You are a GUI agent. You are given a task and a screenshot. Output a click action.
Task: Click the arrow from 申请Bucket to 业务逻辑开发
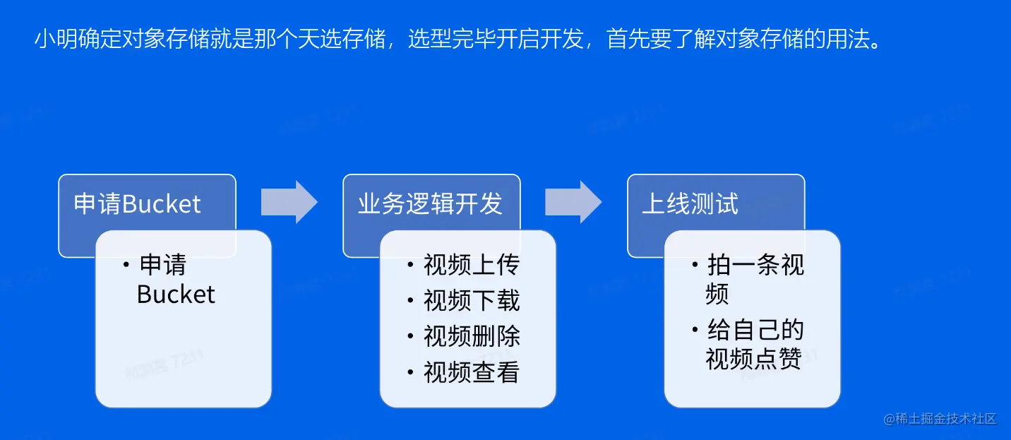click(289, 202)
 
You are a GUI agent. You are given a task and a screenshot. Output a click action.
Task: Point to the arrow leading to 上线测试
click(573, 202)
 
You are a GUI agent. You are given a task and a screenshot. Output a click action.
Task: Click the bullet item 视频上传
click(472, 264)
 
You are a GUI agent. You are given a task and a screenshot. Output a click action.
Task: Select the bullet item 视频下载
click(472, 300)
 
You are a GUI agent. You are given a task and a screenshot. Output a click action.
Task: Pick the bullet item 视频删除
click(472, 336)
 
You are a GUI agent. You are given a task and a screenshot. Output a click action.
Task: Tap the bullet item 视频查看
click(472, 372)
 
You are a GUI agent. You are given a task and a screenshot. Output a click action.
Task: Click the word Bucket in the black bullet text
click(176, 295)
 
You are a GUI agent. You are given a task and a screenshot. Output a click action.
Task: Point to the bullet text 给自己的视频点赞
click(755, 345)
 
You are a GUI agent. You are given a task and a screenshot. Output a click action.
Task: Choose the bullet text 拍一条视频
click(755, 279)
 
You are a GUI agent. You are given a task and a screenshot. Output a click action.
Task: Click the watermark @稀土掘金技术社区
click(940, 419)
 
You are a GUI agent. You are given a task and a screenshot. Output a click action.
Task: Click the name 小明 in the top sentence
click(56, 38)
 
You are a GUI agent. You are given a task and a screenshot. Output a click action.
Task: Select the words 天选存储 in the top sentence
click(342, 38)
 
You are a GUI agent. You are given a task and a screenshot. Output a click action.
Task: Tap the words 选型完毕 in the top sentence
click(451, 38)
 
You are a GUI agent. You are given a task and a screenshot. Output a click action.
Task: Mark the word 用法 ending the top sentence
click(848, 38)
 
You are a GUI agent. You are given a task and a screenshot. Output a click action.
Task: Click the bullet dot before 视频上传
click(410, 265)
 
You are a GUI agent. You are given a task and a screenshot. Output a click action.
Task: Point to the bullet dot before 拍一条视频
click(695, 265)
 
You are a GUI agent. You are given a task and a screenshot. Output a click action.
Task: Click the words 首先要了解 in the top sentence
click(660, 38)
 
